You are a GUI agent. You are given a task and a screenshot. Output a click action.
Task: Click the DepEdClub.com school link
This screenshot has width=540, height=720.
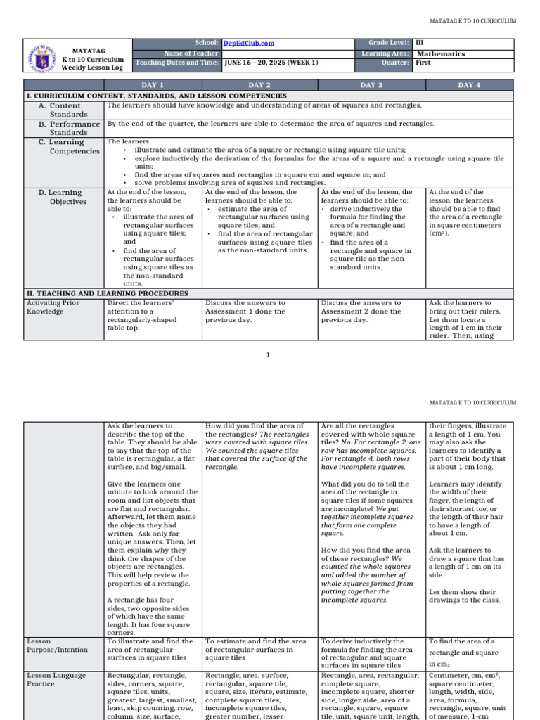tap(248, 44)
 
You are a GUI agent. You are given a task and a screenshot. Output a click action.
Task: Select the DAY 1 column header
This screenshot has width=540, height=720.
tap(153, 85)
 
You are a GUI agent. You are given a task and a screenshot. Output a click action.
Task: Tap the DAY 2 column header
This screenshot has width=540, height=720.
tap(260, 85)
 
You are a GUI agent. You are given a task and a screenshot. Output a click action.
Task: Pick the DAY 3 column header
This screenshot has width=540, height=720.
tap(371, 85)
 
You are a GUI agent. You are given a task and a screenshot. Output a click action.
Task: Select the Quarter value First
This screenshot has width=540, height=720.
tap(424, 63)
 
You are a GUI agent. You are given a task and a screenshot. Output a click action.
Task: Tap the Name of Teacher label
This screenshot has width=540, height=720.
tap(191, 53)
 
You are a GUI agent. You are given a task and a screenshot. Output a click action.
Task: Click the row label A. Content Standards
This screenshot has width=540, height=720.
tap(63, 110)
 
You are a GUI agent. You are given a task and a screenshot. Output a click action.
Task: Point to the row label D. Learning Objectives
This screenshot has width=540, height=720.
tap(65, 197)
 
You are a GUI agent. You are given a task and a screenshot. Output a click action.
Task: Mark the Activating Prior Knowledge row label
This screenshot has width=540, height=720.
tap(53, 307)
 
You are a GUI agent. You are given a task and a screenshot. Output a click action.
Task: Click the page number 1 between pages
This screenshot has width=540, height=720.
tap(268, 354)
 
